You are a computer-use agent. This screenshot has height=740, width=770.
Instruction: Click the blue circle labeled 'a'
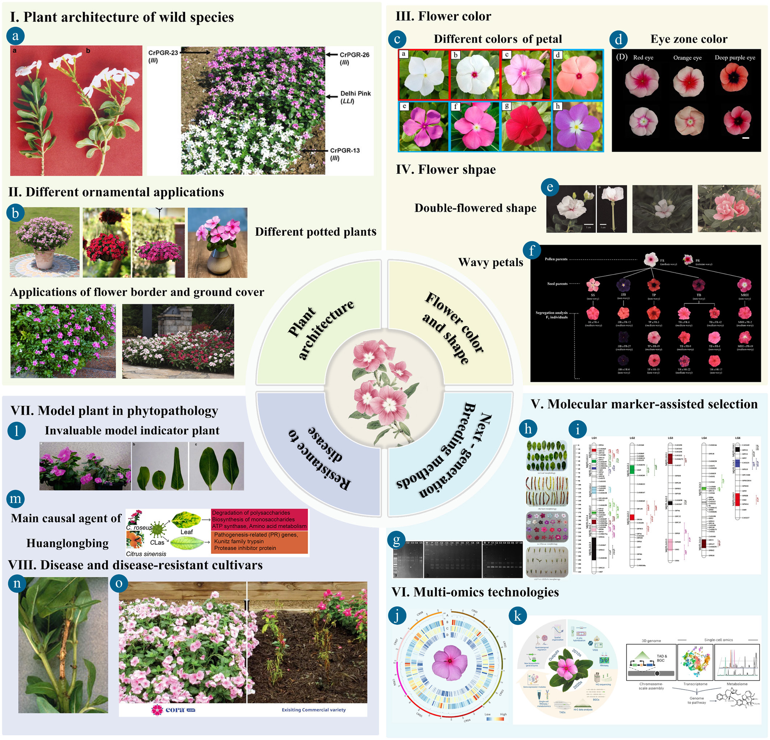[x=15, y=36]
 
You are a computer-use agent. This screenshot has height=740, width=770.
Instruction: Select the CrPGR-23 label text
[x=163, y=53]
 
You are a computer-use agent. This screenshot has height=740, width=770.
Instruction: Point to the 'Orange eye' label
[x=687, y=58]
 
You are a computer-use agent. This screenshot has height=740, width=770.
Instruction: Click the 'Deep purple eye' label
[x=735, y=58]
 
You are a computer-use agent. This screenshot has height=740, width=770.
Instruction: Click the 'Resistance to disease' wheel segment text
[x=320, y=458]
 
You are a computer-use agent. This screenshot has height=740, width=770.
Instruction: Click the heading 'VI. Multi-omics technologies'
[x=475, y=592]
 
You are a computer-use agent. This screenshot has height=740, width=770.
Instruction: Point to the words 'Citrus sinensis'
[x=146, y=554]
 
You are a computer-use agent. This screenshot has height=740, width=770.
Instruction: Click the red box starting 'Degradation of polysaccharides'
[x=259, y=519]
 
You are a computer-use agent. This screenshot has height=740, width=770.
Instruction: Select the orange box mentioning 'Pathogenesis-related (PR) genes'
[x=259, y=542]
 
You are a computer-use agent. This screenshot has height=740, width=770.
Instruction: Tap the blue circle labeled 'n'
[x=17, y=583]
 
